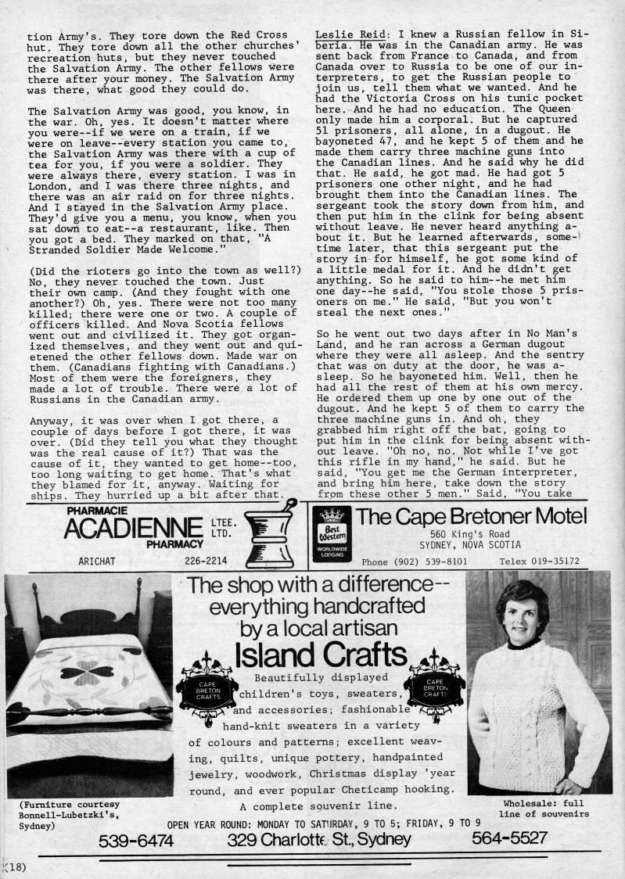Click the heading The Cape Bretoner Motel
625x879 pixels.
tap(471, 516)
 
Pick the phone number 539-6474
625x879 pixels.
tap(136, 841)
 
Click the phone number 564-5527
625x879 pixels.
tap(508, 840)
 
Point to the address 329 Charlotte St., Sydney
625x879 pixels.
tap(319, 841)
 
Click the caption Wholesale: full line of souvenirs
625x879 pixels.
tap(543, 809)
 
